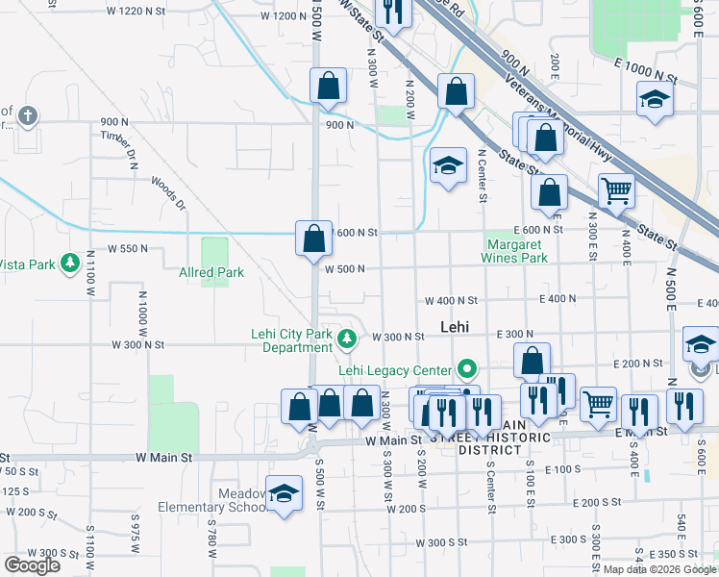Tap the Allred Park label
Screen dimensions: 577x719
(x=211, y=272)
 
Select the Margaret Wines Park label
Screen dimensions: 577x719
(x=515, y=251)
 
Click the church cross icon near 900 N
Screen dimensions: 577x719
(x=28, y=116)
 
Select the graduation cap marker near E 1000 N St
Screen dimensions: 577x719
(x=655, y=99)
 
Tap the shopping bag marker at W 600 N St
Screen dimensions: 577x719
(x=313, y=238)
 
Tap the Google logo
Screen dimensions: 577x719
(x=32, y=564)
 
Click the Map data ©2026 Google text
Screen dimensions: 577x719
(x=658, y=569)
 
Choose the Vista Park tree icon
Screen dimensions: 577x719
(x=70, y=263)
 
